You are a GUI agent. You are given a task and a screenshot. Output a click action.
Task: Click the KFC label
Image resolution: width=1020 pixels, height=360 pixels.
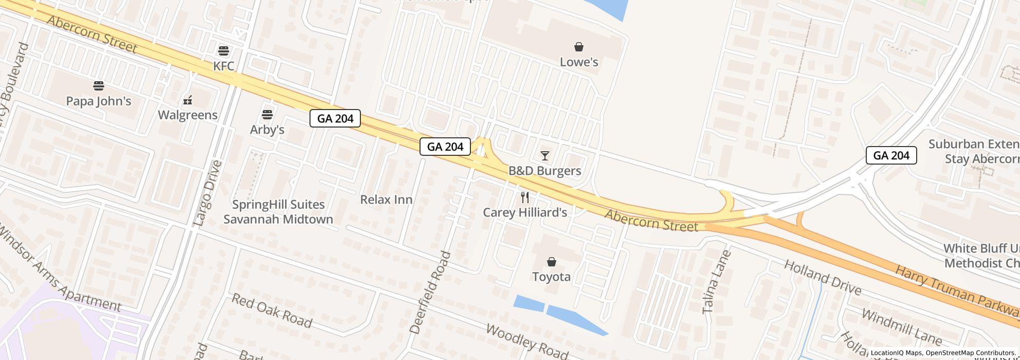point(224,66)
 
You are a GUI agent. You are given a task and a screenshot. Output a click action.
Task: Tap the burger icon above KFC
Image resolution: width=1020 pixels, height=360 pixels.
point(224,50)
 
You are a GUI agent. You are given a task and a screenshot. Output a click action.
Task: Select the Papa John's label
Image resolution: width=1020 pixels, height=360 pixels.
point(99,101)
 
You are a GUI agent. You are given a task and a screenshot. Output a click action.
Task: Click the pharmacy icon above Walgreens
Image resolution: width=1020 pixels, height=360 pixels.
point(188,100)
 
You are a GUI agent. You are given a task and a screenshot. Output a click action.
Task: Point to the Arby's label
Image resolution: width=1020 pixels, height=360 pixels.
point(267,130)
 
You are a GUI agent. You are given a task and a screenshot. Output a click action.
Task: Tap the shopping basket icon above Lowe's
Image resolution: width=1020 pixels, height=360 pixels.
point(579,47)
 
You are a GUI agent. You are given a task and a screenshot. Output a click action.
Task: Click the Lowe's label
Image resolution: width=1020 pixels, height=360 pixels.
point(579,62)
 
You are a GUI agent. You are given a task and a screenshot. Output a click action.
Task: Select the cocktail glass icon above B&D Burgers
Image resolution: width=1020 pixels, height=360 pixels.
point(545,156)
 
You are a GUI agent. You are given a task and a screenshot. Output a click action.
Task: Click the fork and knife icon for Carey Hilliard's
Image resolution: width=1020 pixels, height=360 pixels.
point(525,197)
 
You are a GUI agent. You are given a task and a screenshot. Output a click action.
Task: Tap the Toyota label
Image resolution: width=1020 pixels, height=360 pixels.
point(551,277)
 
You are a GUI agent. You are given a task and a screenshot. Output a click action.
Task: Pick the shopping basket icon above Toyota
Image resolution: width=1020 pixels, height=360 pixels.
point(552,262)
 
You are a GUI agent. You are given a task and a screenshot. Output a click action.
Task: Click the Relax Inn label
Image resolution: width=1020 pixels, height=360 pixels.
point(386,200)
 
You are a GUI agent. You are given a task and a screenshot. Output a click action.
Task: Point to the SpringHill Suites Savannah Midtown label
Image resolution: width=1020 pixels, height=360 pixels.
point(278,212)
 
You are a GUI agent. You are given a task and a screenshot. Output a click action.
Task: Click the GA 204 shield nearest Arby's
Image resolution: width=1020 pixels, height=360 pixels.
point(335,118)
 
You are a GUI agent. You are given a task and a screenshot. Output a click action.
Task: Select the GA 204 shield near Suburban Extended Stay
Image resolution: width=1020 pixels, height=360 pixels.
point(891,155)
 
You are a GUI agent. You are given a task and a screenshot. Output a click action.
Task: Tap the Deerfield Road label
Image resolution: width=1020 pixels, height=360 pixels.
point(431,292)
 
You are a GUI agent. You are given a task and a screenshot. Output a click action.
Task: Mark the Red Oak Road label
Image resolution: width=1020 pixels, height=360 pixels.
point(271,311)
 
